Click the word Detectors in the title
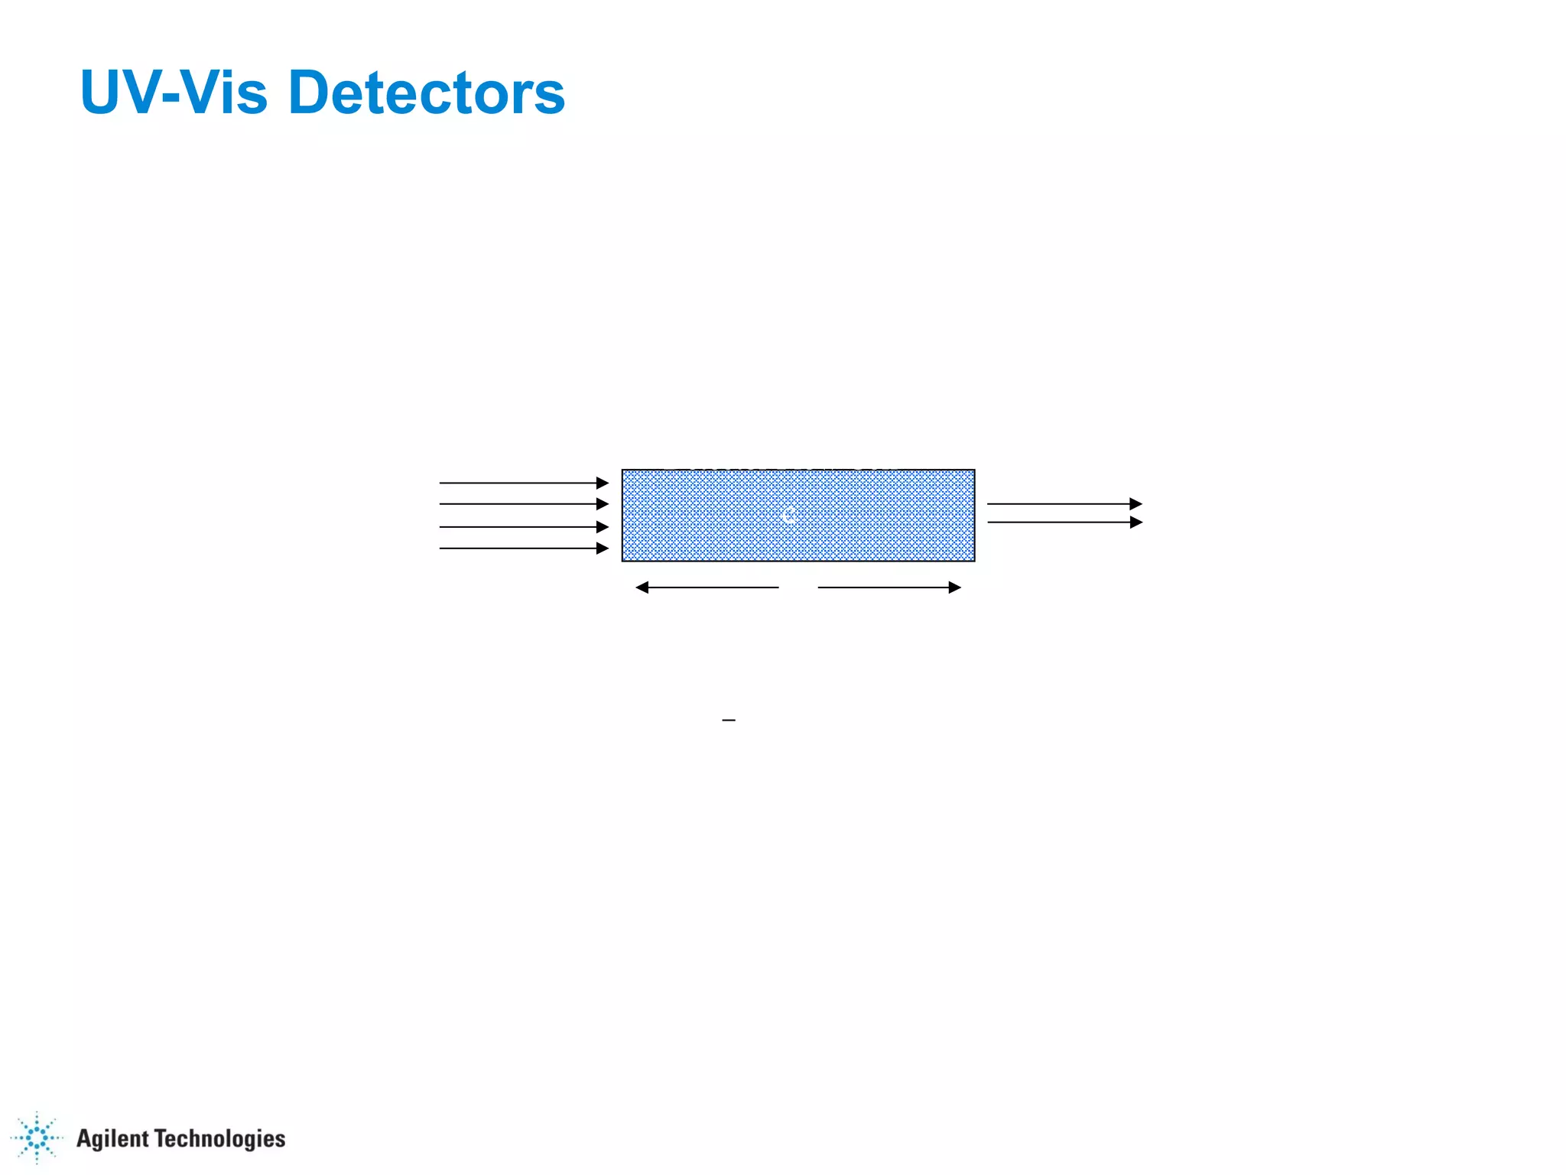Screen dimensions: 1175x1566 [427, 93]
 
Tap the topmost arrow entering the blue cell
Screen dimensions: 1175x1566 [524, 483]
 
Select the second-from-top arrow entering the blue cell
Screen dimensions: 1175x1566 [524, 503]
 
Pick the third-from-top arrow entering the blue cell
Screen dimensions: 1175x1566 [524, 526]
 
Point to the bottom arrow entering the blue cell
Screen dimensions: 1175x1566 [524, 548]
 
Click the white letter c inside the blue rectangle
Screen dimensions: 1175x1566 [788, 516]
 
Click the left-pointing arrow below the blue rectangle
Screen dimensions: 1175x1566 [707, 587]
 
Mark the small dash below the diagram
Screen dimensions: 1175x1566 [729, 721]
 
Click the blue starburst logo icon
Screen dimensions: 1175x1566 [37, 1138]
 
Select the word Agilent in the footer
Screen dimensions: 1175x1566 [112, 1138]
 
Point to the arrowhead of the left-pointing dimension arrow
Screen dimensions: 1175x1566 [642, 587]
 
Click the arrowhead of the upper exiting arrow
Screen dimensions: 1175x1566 [1136, 503]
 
